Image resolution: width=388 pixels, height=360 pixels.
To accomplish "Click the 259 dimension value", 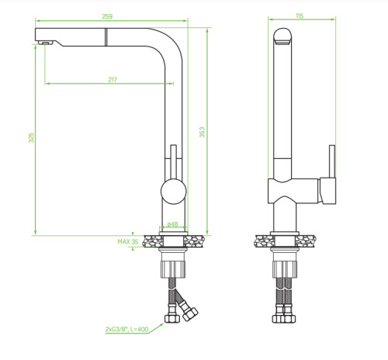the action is pos(107,16).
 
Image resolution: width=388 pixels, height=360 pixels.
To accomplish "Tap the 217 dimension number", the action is pos(113,80).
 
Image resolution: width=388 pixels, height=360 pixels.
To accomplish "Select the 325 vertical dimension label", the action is pos(31,137).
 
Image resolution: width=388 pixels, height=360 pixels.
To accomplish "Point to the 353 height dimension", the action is pos(202,132).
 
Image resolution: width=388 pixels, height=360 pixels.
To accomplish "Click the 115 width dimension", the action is pos(300,16).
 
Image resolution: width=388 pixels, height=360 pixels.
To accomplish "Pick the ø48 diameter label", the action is pos(172,224).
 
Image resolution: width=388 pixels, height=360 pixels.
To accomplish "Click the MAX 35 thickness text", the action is pos(128,242).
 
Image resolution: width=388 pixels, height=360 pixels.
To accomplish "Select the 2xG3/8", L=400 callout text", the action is pos(126,329).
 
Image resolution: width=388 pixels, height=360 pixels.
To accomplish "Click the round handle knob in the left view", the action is pos(173,192).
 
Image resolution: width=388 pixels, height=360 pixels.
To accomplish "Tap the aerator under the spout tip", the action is pos(46,43).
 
